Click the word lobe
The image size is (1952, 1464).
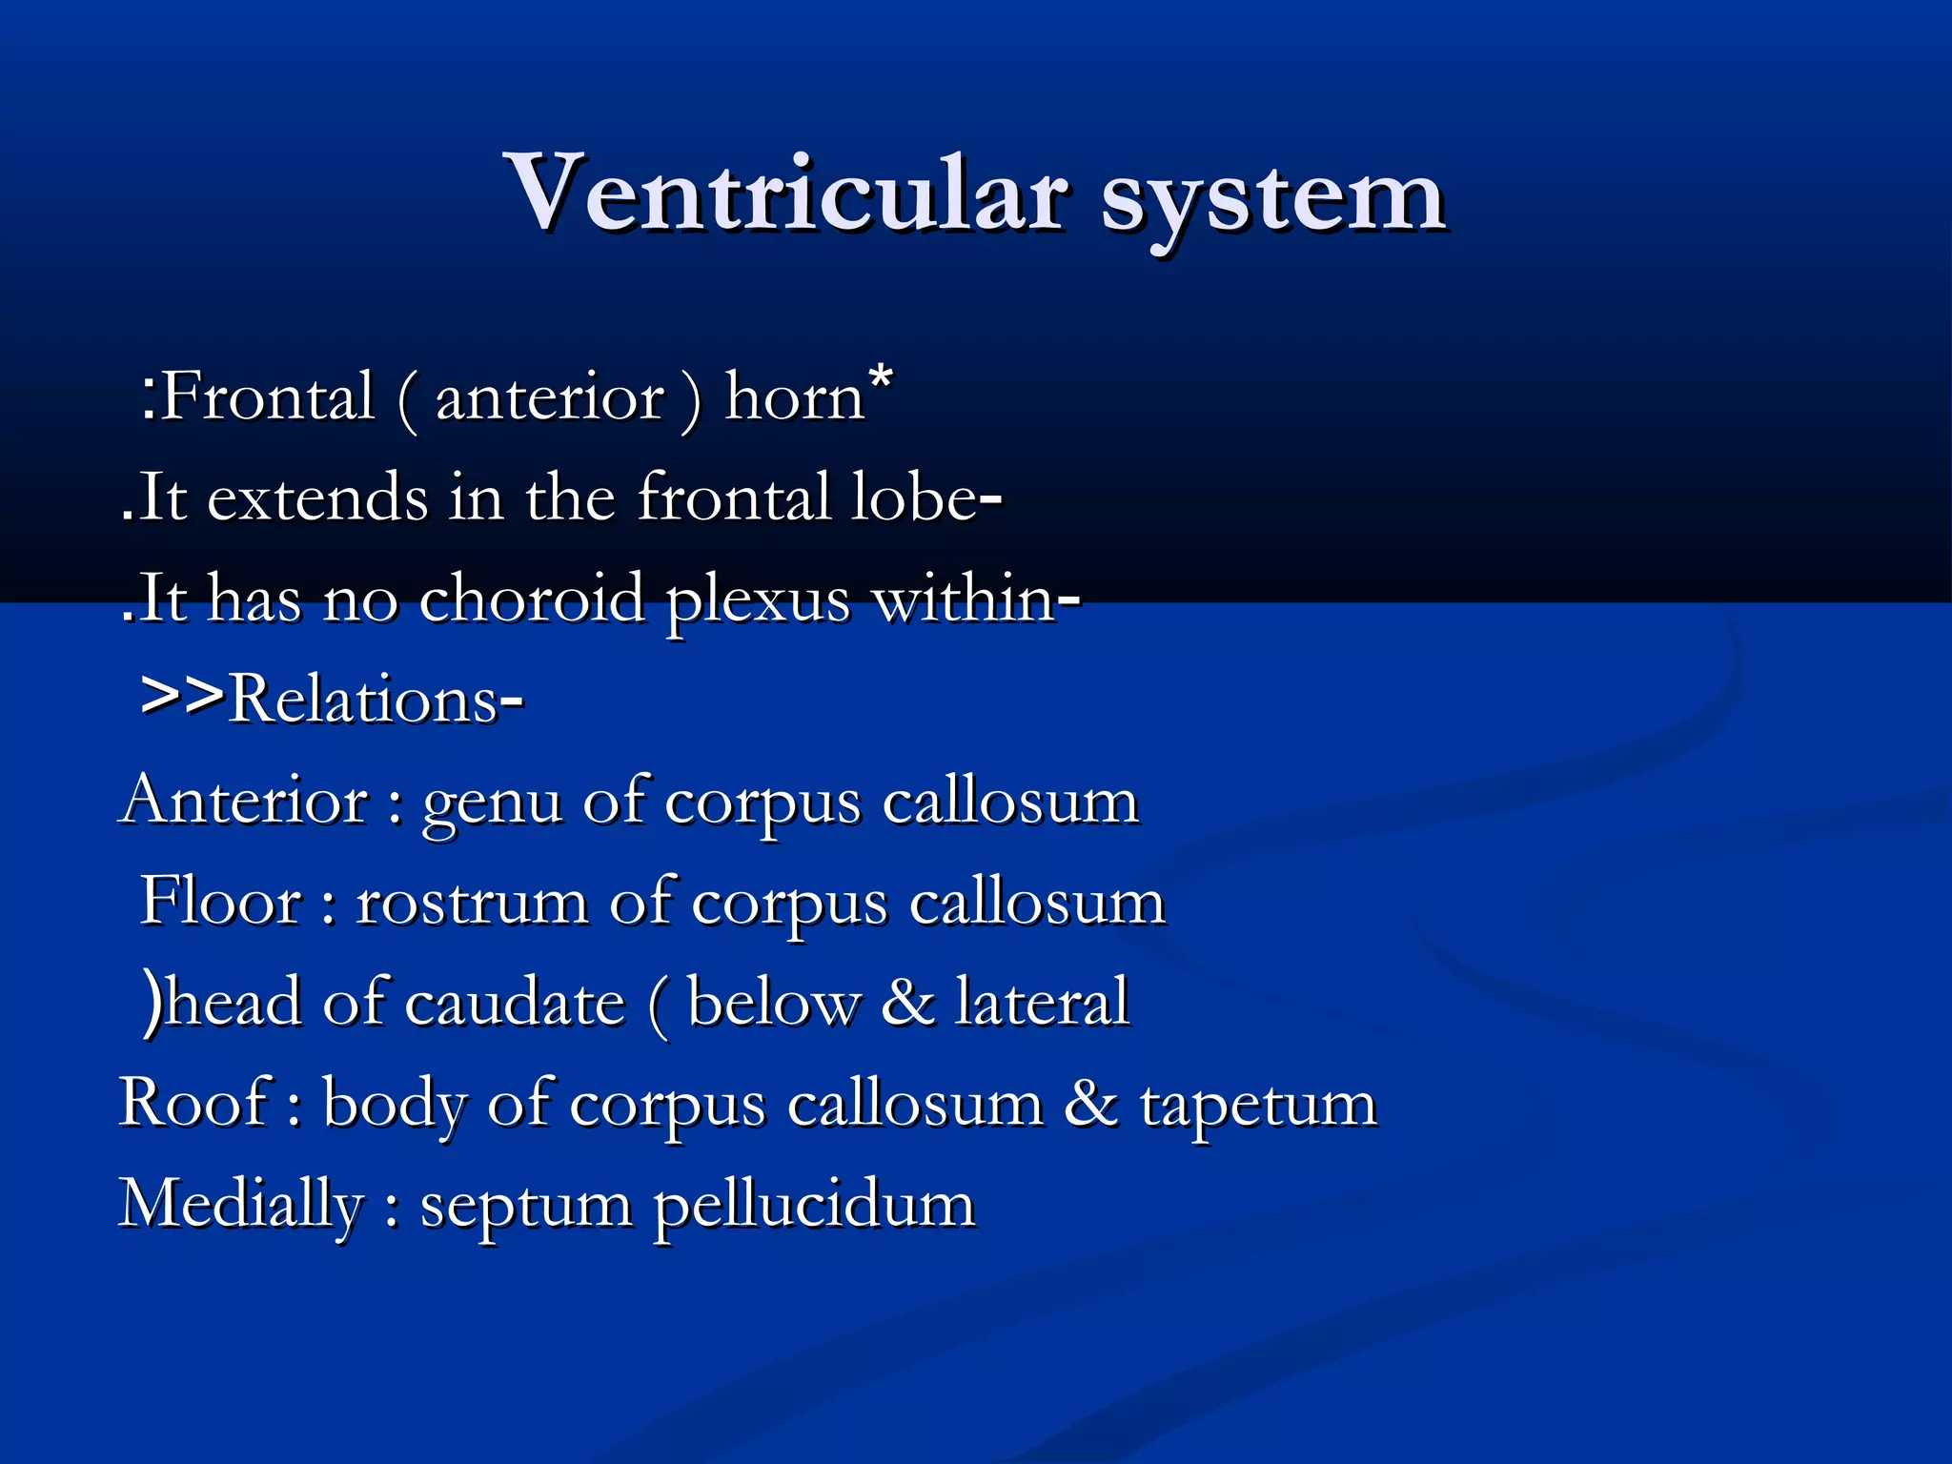pyautogui.click(x=914, y=498)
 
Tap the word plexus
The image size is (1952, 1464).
pyautogui.click(x=757, y=602)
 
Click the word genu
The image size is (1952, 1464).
pyautogui.click(x=492, y=804)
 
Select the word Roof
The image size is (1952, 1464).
pyautogui.click(x=194, y=1104)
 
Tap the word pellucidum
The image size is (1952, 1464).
pyautogui.click(x=814, y=1207)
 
